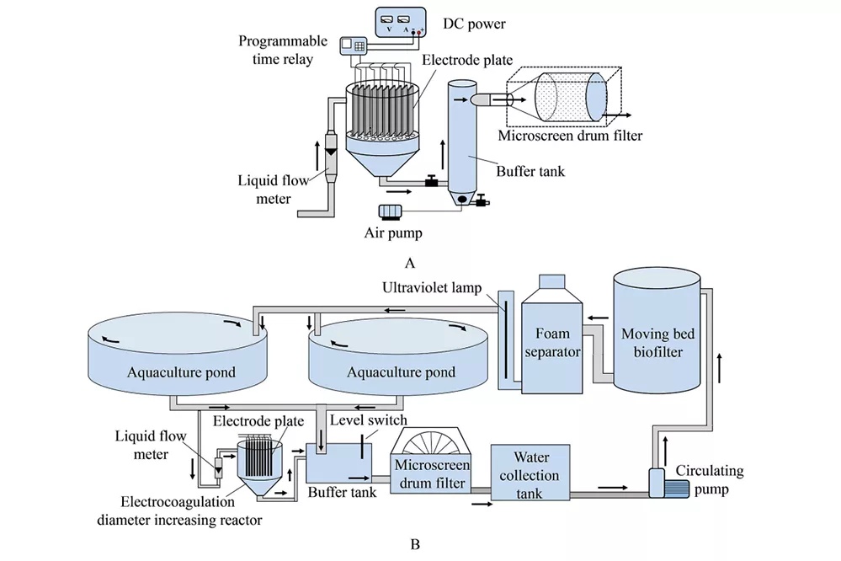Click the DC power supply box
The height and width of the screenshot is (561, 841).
tap(401, 22)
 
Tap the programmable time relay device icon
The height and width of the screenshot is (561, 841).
tap(353, 45)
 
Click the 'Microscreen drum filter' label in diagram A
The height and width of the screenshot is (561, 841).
tap(570, 136)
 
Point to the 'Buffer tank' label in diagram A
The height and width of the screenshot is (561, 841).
tap(530, 171)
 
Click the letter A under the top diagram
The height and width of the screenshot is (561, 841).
tap(410, 263)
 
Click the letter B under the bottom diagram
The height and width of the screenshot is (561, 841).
tap(414, 544)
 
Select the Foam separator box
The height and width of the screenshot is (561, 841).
tap(552, 334)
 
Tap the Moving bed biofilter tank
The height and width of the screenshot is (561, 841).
tap(657, 330)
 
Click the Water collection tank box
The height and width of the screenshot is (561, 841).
tap(530, 473)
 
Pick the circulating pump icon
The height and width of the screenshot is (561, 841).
tap(668, 484)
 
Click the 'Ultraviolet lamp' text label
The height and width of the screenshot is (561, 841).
tap(432, 288)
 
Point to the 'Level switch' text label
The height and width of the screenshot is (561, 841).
tap(369, 419)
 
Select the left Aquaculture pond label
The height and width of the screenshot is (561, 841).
tap(181, 372)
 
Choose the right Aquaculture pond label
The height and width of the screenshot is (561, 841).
tap(402, 372)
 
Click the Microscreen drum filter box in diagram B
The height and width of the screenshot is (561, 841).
tap(432, 461)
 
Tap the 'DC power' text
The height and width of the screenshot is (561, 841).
tap(474, 24)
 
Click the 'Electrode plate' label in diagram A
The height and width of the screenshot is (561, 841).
tap(467, 60)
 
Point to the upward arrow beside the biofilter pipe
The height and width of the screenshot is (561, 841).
tap(719, 368)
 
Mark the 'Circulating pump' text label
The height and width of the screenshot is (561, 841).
tap(710, 480)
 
